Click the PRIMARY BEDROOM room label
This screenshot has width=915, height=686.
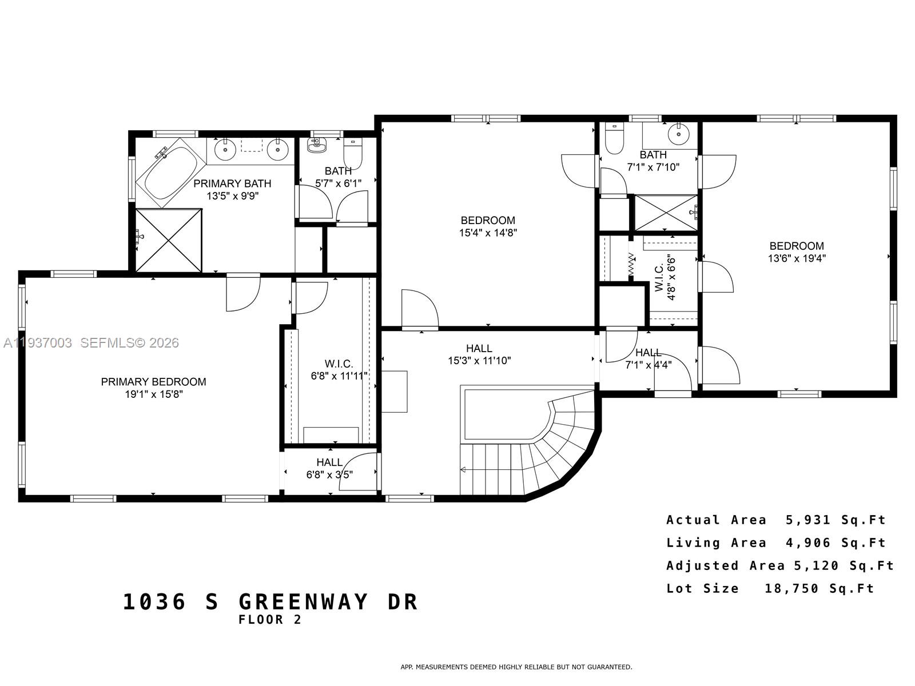coord(153,381)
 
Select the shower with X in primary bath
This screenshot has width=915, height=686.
coord(169,240)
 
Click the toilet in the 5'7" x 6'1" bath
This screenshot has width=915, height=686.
coord(353,154)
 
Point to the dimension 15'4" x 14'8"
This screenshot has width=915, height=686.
coord(488,233)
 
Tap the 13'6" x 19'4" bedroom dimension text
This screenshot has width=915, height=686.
coord(796,258)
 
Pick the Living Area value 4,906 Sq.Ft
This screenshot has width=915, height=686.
coord(836,543)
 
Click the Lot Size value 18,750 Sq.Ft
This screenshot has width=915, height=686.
coord(819,588)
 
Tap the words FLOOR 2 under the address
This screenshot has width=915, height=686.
coord(270,620)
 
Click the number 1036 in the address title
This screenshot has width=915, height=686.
coord(154,602)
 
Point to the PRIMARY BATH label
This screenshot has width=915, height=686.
coord(232,184)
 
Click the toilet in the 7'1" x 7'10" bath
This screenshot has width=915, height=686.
coord(614,140)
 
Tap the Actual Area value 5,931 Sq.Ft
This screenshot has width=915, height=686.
coord(836,520)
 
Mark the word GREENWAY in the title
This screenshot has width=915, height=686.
coord(304,602)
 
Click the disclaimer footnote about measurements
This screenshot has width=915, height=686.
coord(516,667)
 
